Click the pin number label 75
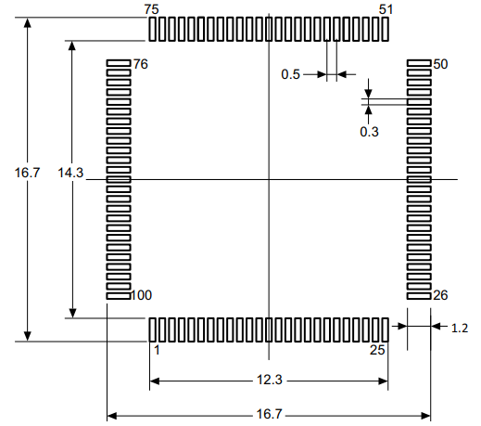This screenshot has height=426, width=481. coord(151,8)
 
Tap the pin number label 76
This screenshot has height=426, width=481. coord(141,65)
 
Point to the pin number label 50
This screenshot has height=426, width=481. coord(440,64)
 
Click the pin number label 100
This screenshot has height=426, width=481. coord(140,295)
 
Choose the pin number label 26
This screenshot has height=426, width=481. coord(441,295)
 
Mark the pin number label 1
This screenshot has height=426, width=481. coord(158,350)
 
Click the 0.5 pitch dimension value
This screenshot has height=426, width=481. coord(291,74)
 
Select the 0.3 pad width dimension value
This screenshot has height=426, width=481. coord(369,131)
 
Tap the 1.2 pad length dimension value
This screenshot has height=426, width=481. coord(460,328)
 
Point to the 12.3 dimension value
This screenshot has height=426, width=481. coord(268,381)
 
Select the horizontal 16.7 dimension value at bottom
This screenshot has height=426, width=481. coord(268,413)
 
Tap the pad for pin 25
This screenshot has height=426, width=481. coord(384,329)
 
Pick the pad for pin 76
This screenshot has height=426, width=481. coord(120,64)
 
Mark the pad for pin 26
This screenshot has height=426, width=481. coord(419,296)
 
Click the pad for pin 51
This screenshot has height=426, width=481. coord(384,29)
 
